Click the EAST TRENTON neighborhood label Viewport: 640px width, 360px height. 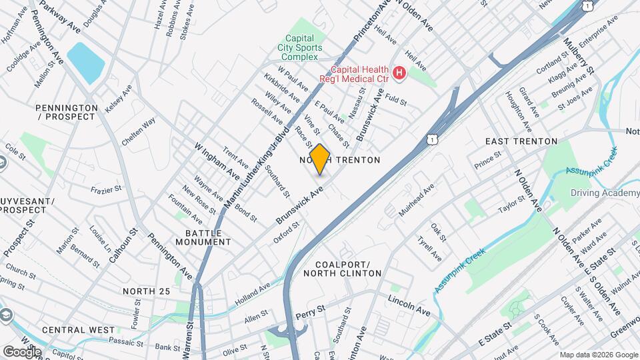521,141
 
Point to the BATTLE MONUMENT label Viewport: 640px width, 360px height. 203,237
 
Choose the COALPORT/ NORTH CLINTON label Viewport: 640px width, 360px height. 342,268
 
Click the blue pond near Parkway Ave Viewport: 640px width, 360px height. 86,63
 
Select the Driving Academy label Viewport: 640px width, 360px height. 605,193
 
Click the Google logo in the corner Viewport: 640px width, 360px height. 21,351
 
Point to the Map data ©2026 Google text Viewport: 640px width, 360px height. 598,355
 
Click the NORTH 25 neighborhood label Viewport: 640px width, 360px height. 147,291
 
